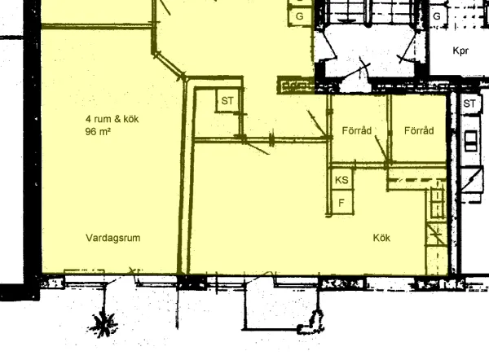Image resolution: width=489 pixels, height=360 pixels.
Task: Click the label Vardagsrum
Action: click(113, 238)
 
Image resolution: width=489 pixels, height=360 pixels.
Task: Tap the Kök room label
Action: click(381, 238)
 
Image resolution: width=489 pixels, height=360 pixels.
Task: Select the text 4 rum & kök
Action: click(112, 119)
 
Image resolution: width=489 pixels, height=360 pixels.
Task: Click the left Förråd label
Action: click(357, 130)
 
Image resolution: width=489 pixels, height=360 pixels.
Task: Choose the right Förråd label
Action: click(419, 130)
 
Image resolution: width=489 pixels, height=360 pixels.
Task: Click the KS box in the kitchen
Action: click(341, 180)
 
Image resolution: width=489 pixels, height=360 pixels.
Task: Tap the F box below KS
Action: click(341, 203)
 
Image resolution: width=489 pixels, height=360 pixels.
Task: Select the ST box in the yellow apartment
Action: click(227, 100)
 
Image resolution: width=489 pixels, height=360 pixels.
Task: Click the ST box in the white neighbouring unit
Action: click(469, 103)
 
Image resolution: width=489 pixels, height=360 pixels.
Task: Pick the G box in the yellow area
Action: click(299, 16)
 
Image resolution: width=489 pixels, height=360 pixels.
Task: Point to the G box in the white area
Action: click(437, 16)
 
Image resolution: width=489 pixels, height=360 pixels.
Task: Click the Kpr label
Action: click(460, 50)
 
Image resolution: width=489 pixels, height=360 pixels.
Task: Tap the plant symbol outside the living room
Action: click(104, 324)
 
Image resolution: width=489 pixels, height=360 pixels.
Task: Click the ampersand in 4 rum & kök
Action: click(117, 119)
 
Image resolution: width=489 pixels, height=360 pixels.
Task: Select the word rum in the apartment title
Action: click(103, 120)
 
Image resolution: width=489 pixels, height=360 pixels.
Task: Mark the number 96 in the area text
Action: click(90, 131)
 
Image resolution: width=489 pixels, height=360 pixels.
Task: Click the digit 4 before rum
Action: click(89, 119)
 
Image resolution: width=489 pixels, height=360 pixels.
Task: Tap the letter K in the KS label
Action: click(338, 180)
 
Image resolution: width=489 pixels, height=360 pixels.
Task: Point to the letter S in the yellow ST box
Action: click(225, 101)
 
